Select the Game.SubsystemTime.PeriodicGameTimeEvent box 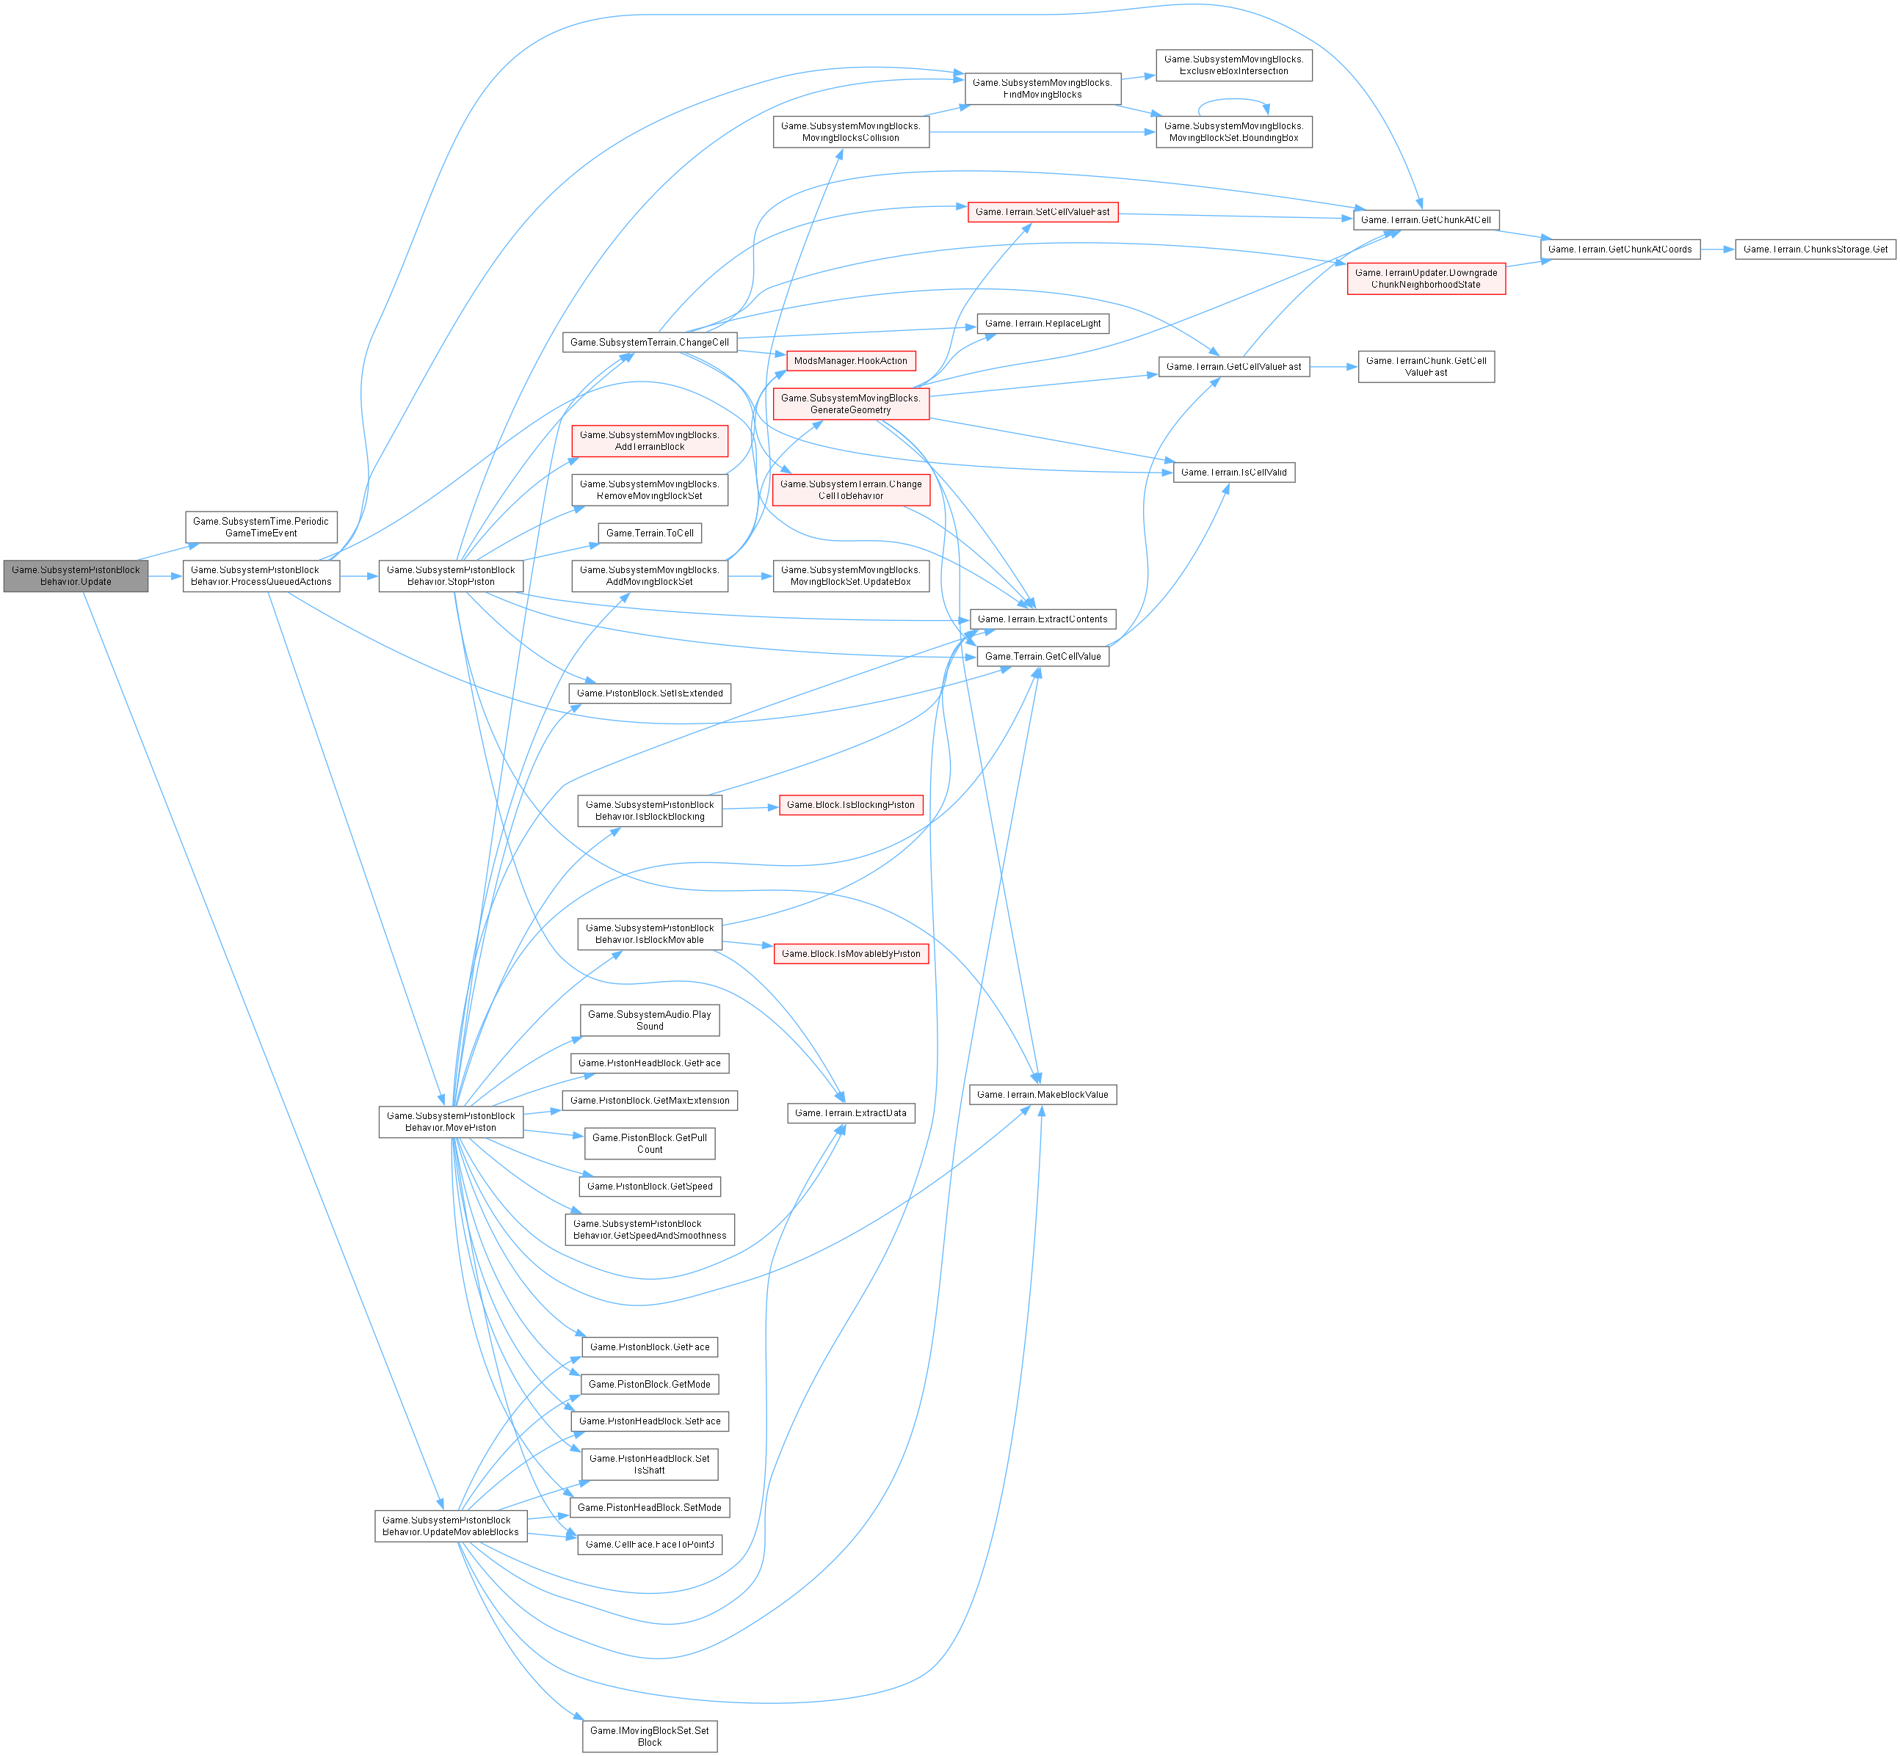261,528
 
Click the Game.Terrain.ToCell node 649,533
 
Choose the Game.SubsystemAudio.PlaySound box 649,1021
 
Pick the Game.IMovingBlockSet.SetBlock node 649,1736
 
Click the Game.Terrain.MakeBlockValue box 1042,1095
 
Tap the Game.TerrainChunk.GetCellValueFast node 1425,367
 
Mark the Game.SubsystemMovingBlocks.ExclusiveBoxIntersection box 1233,65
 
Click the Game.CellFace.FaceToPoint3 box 649,1544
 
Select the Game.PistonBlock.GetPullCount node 649,1143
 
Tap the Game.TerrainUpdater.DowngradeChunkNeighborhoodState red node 1425,278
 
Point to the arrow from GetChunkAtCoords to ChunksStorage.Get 1716,249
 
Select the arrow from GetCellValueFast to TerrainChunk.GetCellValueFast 1332,367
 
